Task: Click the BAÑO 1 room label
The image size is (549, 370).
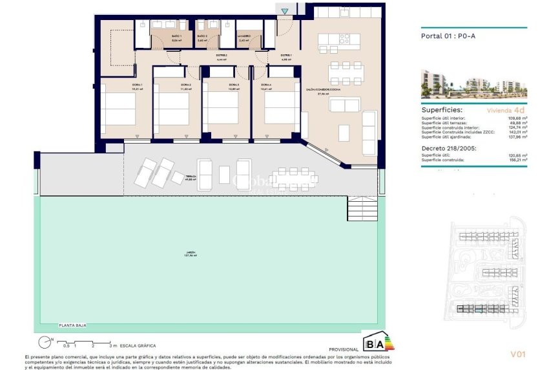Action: tap(176, 38)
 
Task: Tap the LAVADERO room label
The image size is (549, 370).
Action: tap(243, 38)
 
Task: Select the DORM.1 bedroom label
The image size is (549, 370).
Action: tap(119, 85)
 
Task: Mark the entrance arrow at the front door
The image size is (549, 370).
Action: tap(285, 11)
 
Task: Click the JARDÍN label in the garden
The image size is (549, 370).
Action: tap(189, 254)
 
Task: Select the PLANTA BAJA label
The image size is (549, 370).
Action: tap(72, 325)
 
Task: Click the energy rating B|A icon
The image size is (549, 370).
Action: tap(377, 342)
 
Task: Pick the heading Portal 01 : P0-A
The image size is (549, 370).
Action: tap(446, 36)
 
